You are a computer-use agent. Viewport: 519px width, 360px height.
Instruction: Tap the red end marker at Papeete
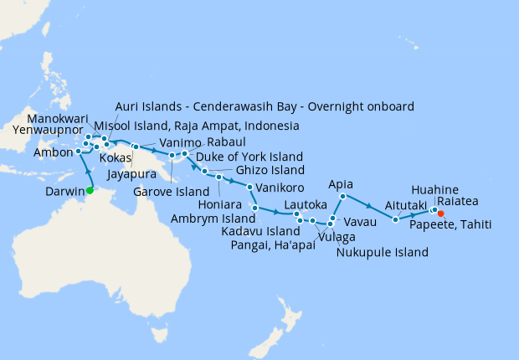[x=441, y=213]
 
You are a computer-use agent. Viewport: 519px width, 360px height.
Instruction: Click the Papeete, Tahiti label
[x=450, y=224]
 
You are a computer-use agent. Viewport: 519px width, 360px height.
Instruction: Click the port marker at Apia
[x=342, y=197]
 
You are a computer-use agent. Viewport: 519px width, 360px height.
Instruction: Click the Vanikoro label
[x=279, y=187]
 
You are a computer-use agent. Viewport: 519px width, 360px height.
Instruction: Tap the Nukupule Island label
[x=383, y=252]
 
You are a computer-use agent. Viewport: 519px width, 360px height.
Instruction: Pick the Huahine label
[x=435, y=190]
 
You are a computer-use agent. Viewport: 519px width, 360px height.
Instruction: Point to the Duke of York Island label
[x=249, y=157]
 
